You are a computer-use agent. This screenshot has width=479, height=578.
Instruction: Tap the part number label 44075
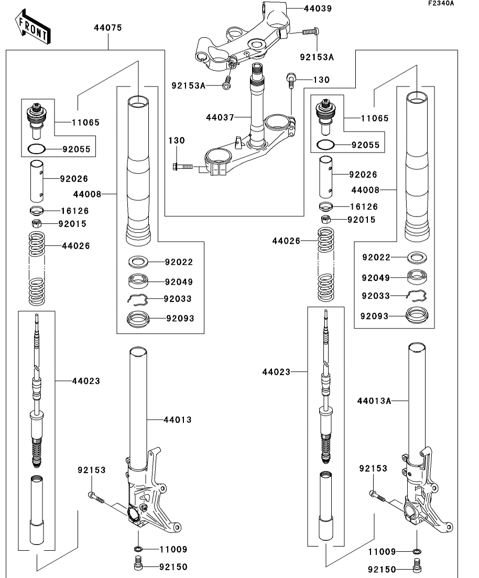tap(107, 28)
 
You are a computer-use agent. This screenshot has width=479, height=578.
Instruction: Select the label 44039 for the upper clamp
tap(318, 8)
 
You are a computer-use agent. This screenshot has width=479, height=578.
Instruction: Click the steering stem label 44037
tap(220, 117)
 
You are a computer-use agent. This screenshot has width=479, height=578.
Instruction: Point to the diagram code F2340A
tap(441, 3)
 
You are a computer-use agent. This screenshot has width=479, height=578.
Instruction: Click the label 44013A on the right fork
tap(374, 401)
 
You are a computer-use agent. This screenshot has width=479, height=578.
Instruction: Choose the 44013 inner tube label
tap(177, 420)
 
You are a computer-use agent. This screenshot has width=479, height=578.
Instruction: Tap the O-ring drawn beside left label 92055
tap(37, 149)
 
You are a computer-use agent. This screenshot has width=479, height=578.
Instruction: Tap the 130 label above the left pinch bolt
tap(177, 140)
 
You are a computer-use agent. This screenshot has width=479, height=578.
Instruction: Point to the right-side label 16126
tap(364, 206)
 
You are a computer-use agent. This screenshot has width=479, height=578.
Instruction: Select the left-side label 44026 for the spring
tap(75, 245)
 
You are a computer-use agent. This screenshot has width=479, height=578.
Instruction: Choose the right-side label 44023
tap(276, 372)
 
